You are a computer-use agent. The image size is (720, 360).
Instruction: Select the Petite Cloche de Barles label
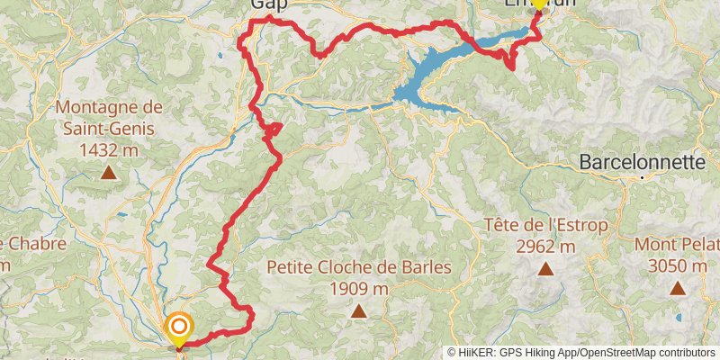pyautogui.click(x=359, y=267)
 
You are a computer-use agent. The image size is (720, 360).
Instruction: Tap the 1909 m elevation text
pyautogui.click(x=358, y=289)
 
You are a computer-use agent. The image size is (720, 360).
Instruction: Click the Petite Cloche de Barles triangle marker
pyautogui.click(x=359, y=311)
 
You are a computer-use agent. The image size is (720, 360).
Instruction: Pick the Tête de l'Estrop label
pyautogui.click(x=545, y=224)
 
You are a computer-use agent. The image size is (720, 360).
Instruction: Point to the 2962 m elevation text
pyautogui.click(x=545, y=246)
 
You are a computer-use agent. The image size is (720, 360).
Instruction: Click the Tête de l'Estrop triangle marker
pyautogui.click(x=545, y=268)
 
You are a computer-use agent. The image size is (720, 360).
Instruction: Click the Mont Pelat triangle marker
pyautogui.click(x=677, y=289)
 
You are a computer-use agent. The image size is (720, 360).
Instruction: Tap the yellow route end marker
pyautogui.click(x=537, y=4)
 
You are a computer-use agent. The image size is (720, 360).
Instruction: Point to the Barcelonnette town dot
pyautogui.click(x=643, y=178)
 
